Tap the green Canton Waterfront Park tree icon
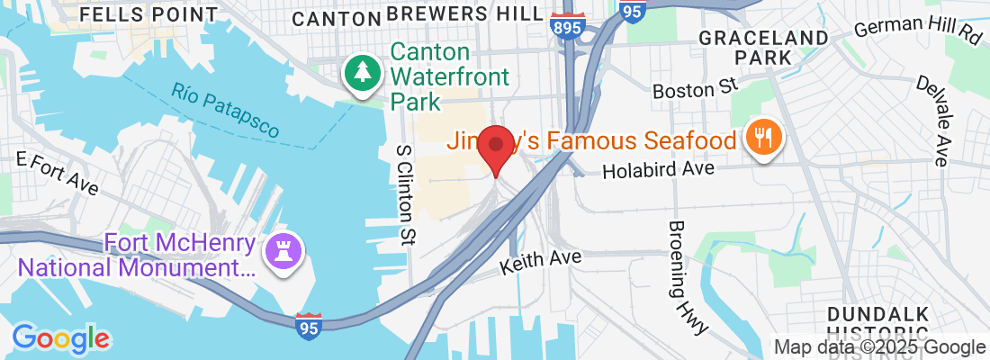363,73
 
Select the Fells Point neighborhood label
148,14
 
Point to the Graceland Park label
763,47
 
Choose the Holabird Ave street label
658,169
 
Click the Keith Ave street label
541,262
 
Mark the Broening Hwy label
685,275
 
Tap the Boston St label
695,88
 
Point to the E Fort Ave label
58,173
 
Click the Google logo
60,338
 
